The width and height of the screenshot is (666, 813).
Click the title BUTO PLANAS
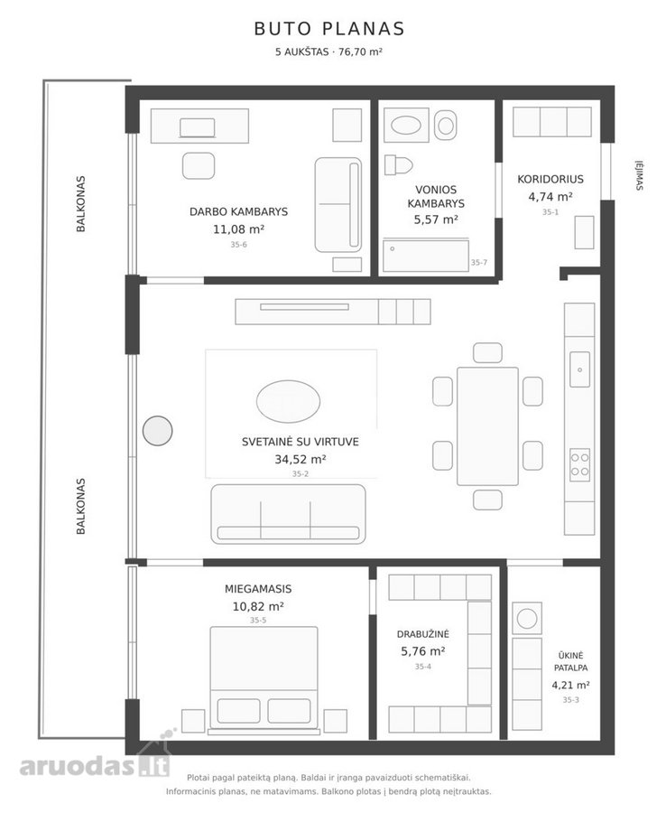point(329,29)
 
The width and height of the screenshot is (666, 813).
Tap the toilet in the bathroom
point(398,165)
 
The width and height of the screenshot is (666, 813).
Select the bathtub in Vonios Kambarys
point(426,255)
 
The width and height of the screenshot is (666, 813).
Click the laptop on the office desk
point(198,128)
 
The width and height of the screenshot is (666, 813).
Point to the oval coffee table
point(288,401)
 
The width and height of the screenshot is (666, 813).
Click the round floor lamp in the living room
point(157,430)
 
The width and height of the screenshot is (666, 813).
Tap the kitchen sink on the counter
point(579,369)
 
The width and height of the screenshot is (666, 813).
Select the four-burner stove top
point(579,464)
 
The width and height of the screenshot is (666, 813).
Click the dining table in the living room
point(487,426)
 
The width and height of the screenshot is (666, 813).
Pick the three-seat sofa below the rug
point(288,514)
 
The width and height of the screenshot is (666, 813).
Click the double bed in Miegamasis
point(264,680)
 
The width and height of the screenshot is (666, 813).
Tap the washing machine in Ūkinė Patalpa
point(527,619)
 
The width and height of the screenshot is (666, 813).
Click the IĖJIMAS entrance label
point(640,176)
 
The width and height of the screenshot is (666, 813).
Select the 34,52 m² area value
point(300,460)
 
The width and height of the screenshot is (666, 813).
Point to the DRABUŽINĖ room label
point(422,634)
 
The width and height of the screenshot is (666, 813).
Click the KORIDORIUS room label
point(550,180)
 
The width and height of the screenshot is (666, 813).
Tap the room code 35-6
point(239,245)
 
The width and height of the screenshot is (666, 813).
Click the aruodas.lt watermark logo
point(95,765)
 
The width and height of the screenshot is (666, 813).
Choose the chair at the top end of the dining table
point(487,352)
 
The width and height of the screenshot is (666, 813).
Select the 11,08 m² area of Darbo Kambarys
point(239,229)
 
